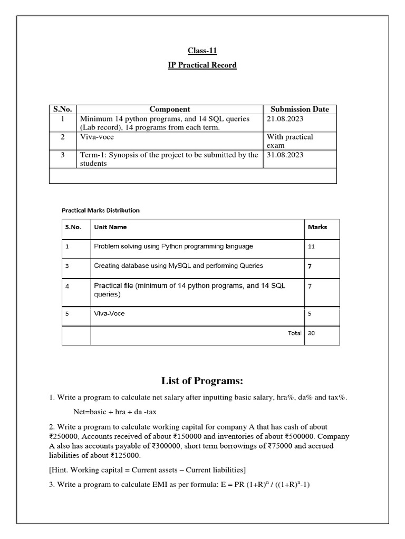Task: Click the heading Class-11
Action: (x=202, y=51)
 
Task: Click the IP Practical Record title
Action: (x=202, y=65)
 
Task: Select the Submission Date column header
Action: (x=300, y=109)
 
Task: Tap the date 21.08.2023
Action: (x=285, y=119)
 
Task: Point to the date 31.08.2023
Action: (x=285, y=155)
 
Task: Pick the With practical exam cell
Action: (x=290, y=141)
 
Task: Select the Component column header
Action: (x=170, y=109)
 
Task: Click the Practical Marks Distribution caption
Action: (x=101, y=210)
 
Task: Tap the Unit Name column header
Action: (x=110, y=227)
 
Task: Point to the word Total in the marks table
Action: (x=295, y=333)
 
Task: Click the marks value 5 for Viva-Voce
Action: (x=309, y=314)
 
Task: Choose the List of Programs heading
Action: (x=202, y=381)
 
